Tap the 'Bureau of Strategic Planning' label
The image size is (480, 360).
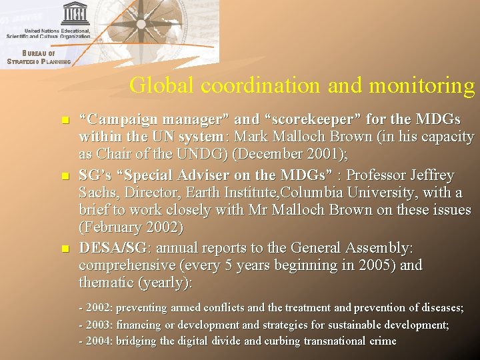[x=38, y=57]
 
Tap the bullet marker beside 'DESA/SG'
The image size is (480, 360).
[x=65, y=249]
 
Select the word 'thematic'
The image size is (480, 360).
[x=106, y=283]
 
